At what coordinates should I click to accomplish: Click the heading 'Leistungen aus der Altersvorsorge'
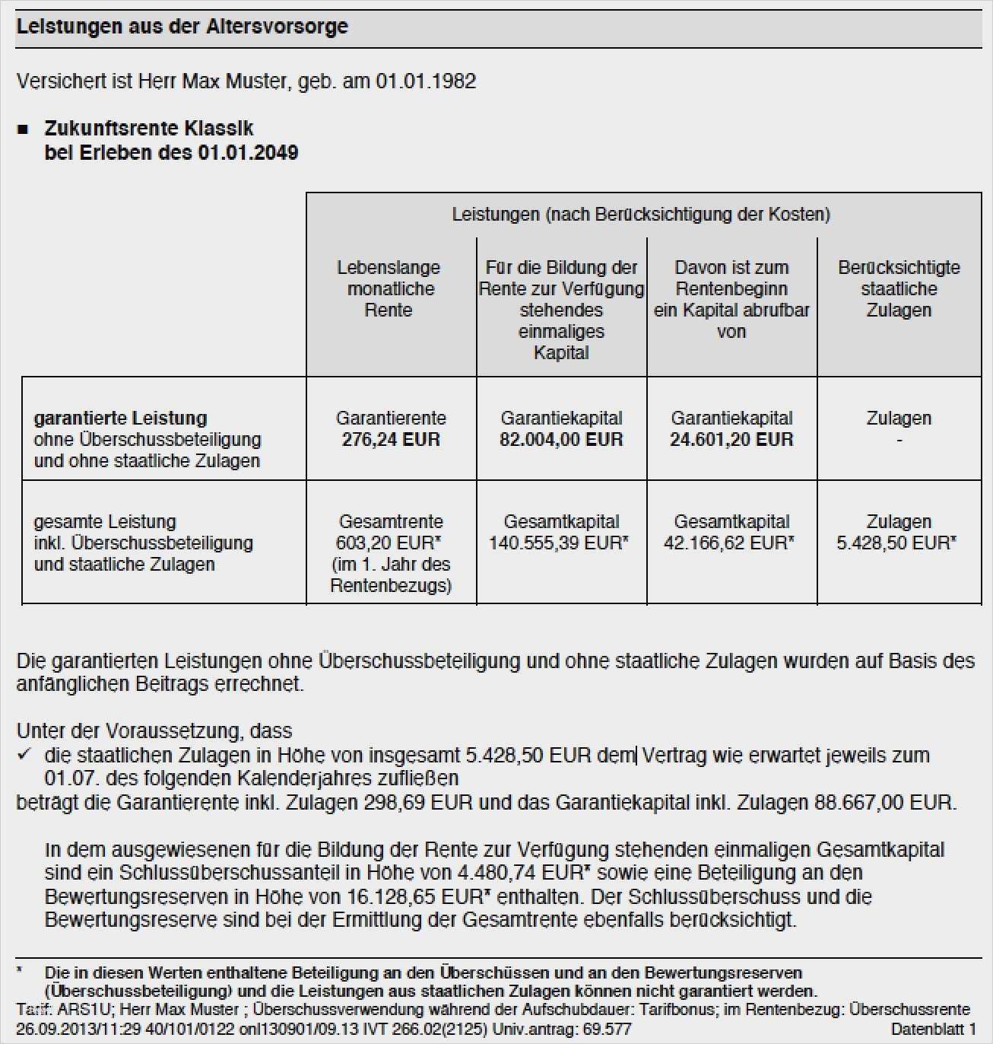pyautogui.click(x=182, y=27)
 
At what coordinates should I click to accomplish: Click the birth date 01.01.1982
pyautogui.click(x=426, y=81)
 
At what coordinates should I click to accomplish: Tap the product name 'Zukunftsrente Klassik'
pyautogui.click(x=149, y=128)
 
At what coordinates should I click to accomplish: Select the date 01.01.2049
pyautogui.click(x=248, y=152)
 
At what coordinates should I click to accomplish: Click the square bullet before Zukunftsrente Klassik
pyautogui.click(x=23, y=129)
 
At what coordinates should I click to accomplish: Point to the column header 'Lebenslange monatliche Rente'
pyautogui.click(x=389, y=288)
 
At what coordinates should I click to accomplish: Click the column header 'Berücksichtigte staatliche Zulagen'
pyautogui.click(x=899, y=288)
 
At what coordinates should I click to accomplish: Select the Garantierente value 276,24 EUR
pyautogui.click(x=391, y=440)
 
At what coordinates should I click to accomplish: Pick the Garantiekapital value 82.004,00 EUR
pyautogui.click(x=561, y=440)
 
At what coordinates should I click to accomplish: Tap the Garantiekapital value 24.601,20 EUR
pyautogui.click(x=731, y=440)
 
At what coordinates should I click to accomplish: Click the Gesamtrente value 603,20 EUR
pyautogui.click(x=386, y=543)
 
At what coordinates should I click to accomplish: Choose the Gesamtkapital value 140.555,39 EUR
pyautogui.click(x=557, y=543)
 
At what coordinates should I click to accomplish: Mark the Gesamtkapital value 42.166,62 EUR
pyautogui.click(x=727, y=543)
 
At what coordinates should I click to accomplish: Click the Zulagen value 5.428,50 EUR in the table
pyautogui.click(x=894, y=543)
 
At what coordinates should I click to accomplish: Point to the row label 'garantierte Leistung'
pyautogui.click(x=120, y=418)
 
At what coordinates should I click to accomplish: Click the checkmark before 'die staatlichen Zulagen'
pyautogui.click(x=24, y=754)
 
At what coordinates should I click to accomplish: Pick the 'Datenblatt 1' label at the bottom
pyautogui.click(x=933, y=1029)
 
